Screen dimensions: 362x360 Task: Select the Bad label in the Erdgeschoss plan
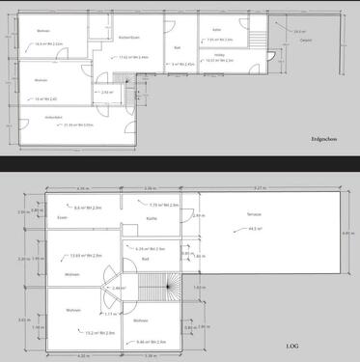coord(178,46)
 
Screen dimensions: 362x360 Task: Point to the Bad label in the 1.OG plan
coord(144,259)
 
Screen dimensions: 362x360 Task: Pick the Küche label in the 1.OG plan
coord(152,218)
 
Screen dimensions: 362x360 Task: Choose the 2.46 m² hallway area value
coord(119,289)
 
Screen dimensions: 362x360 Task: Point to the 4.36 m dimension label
coord(81,187)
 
